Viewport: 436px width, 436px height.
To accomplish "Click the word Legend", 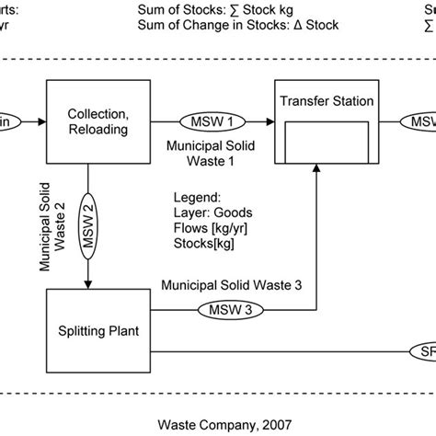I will click(196, 197).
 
